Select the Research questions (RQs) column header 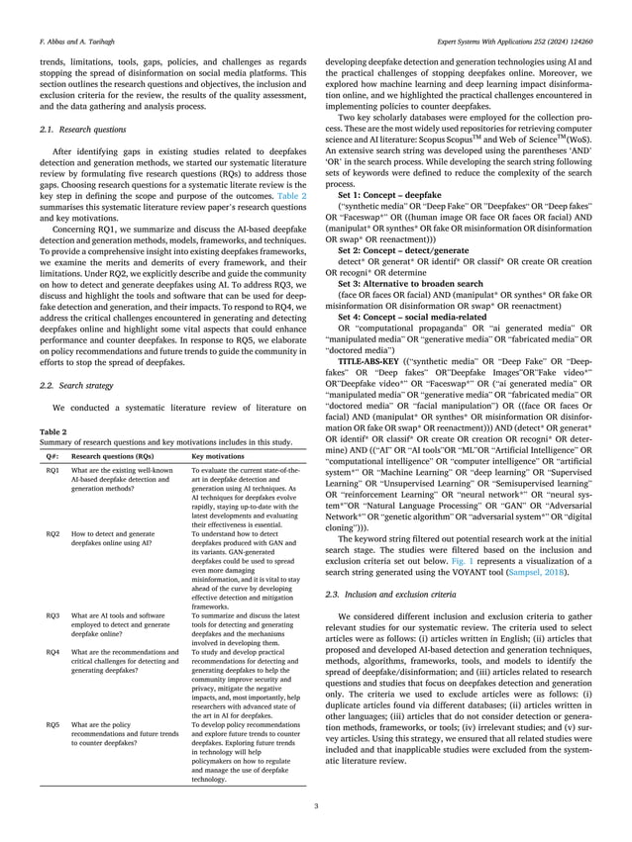pyautogui.click(x=112, y=457)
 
